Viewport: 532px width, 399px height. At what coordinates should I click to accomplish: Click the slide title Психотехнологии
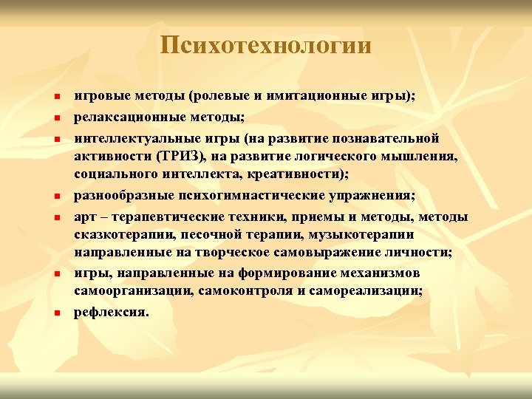pyautogui.click(x=265, y=46)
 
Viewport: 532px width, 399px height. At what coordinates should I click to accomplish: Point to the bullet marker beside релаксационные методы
pyautogui.click(x=56, y=118)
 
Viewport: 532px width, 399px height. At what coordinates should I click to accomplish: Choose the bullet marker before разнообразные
pyautogui.click(x=56, y=197)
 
